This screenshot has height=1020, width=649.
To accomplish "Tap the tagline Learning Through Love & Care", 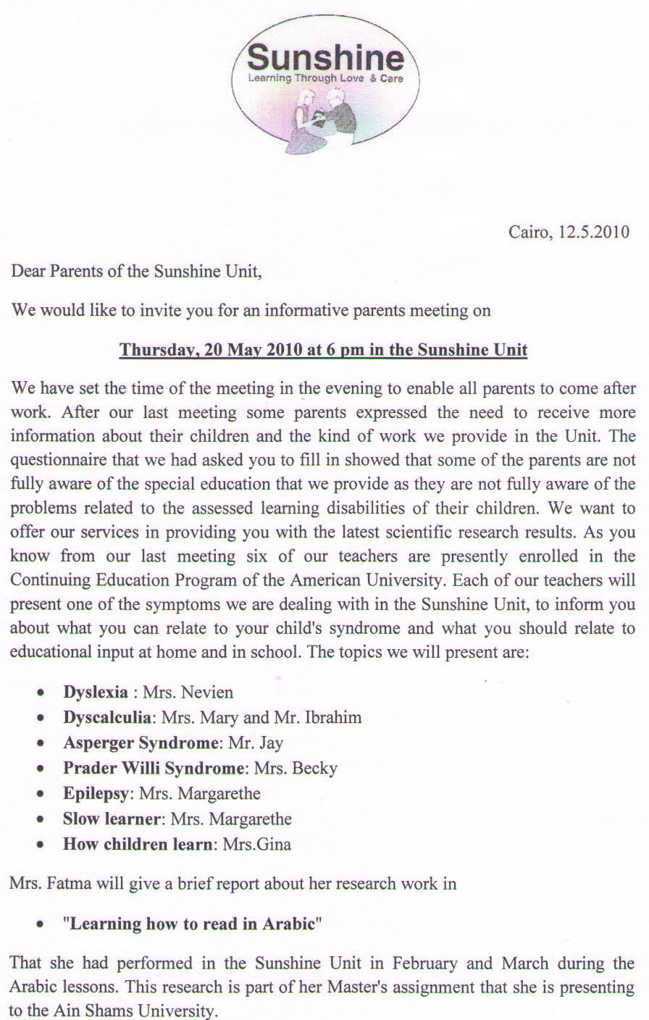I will (x=325, y=78).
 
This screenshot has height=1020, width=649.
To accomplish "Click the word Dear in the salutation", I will (x=28, y=272).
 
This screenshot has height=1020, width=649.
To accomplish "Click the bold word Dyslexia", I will (x=96, y=692).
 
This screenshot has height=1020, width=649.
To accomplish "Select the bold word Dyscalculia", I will (x=107, y=717).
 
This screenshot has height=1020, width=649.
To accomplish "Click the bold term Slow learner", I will (x=112, y=819).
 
